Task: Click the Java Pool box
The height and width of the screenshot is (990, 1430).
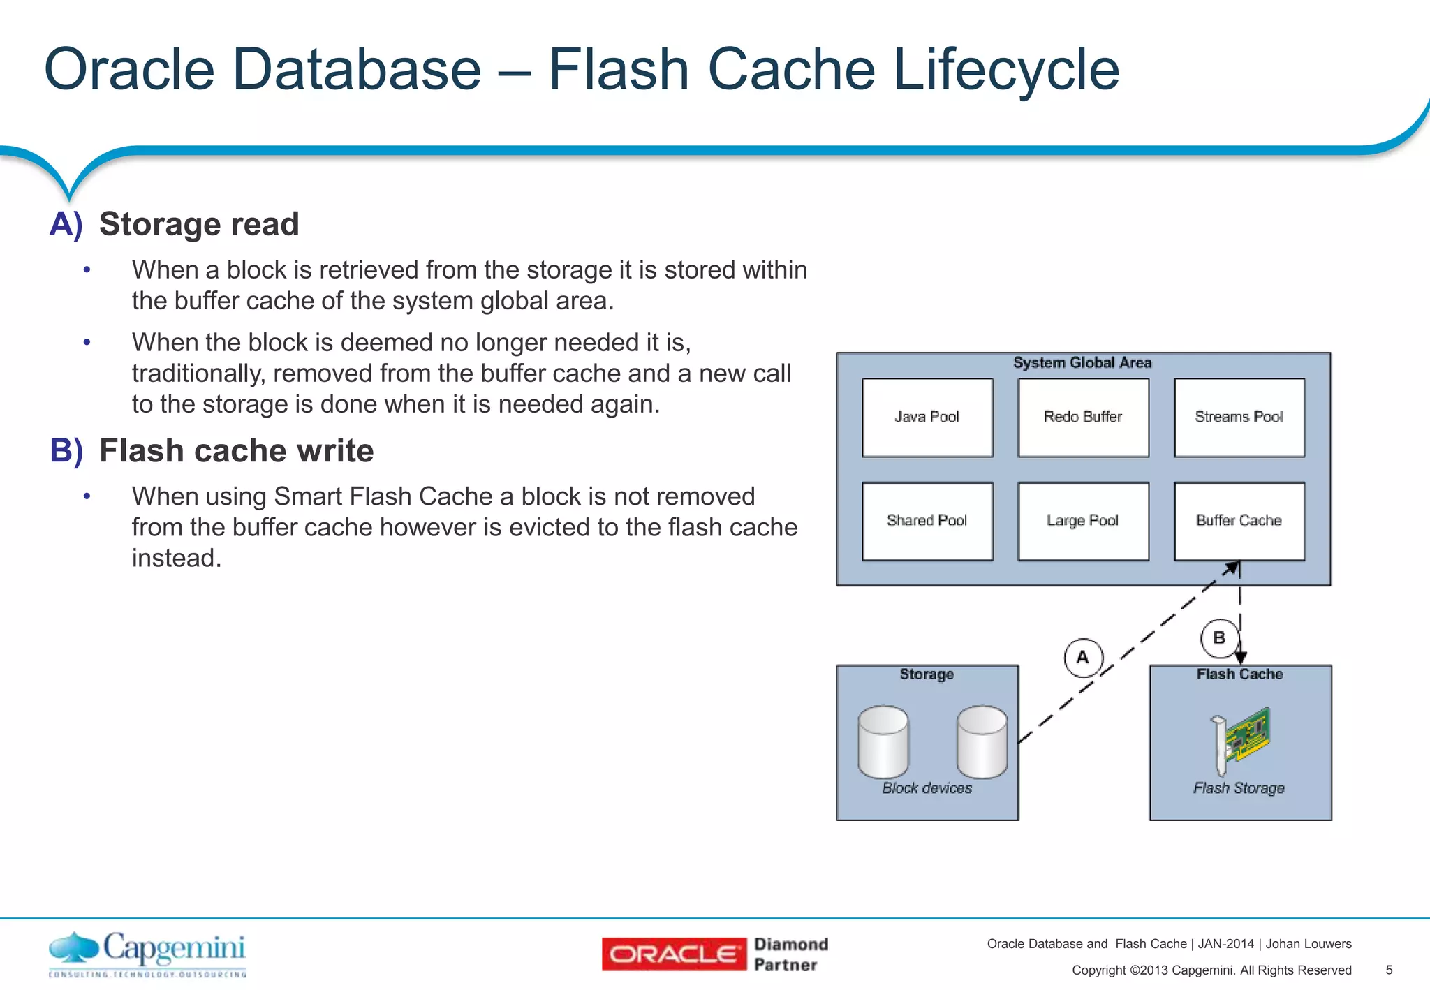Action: pos(927,418)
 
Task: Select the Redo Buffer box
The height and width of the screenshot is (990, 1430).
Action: pos(1083,418)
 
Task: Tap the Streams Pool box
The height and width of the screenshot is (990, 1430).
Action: pos(1239,418)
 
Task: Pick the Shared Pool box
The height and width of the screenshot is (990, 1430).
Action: pos(927,521)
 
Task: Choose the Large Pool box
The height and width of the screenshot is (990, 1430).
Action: pos(1083,521)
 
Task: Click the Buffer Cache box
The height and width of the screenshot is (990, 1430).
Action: pos(1239,521)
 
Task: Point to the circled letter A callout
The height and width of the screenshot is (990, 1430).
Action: pos(1083,658)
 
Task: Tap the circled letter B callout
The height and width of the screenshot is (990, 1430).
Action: pos(1219,638)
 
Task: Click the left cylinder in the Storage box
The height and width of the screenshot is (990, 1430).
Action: pos(883,741)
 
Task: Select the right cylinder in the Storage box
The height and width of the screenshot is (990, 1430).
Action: pos(982,741)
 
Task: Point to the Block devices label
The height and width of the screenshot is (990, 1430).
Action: pos(927,788)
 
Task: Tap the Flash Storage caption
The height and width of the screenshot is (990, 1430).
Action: pos(1239,788)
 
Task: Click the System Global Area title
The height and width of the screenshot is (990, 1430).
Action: pos(1082,363)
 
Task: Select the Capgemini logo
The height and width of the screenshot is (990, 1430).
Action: pos(147,953)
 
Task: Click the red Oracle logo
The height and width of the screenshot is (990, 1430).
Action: pos(674,954)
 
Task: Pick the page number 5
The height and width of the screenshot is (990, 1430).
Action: pos(1389,970)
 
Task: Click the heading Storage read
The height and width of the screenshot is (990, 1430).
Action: pos(199,224)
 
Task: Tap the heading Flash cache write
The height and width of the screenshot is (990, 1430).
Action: pos(236,451)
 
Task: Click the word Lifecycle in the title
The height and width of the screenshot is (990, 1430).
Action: pos(1006,69)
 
